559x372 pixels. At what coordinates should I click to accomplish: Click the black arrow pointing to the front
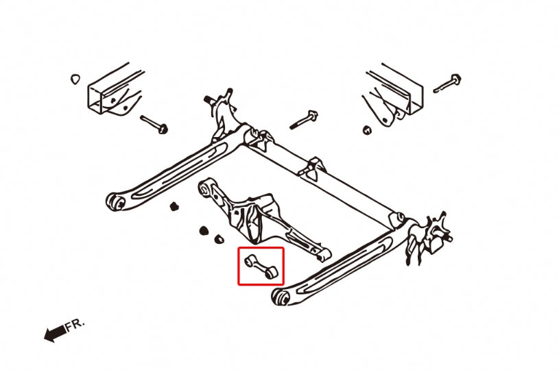[54, 333]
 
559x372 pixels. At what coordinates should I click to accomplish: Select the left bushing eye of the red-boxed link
[248, 260]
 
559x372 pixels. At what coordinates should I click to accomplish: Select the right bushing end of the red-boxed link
[272, 273]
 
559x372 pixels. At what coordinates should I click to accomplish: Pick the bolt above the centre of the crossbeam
[304, 119]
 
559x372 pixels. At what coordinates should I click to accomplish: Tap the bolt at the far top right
[447, 84]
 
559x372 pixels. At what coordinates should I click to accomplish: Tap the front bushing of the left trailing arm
[115, 201]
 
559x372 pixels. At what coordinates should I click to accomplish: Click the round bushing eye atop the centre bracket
[204, 186]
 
